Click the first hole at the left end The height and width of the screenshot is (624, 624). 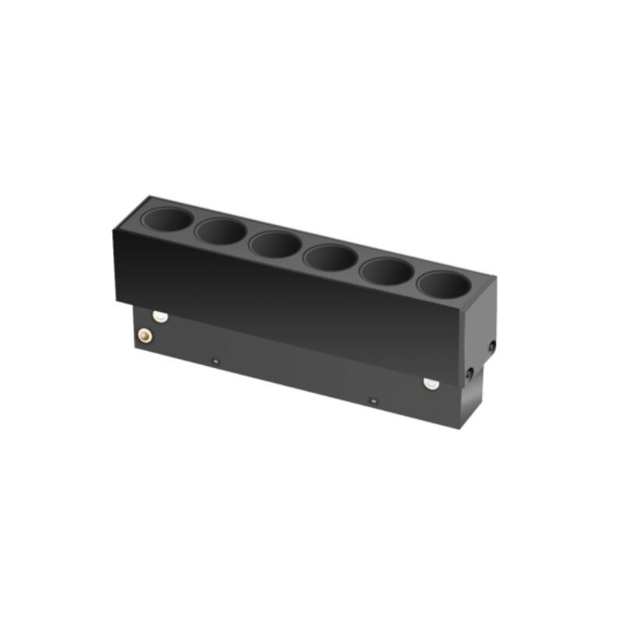click(167, 221)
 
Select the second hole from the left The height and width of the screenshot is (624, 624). click(222, 232)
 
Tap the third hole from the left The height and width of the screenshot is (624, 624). click(275, 244)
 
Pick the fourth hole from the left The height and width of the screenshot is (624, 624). click(331, 257)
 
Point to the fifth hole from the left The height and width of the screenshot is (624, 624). click(387, 271)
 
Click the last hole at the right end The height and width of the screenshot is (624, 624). click(443, 285)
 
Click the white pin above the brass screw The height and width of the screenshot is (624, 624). click(161, 316)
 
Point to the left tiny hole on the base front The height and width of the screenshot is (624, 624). click(216, 360)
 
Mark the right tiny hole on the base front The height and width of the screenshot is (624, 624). click(373, 401)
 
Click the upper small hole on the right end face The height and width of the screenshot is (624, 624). click(491, 346)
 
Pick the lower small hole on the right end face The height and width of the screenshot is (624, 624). click(469, 375)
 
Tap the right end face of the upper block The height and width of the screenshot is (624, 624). click(480, 320)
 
